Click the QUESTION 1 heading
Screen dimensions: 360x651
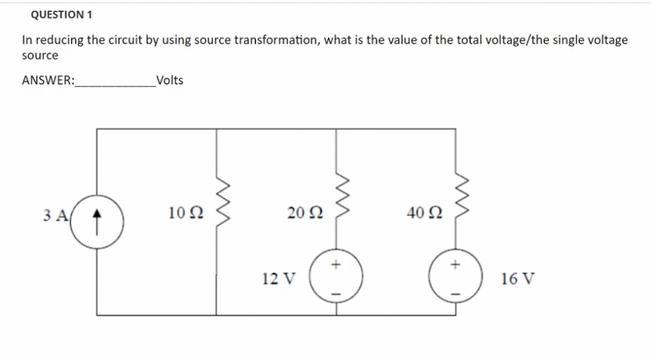point(62,14)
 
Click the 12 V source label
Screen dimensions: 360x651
point(278,278)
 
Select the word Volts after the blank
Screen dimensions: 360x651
point(169,80)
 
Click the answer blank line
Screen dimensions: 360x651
point(115,84)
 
